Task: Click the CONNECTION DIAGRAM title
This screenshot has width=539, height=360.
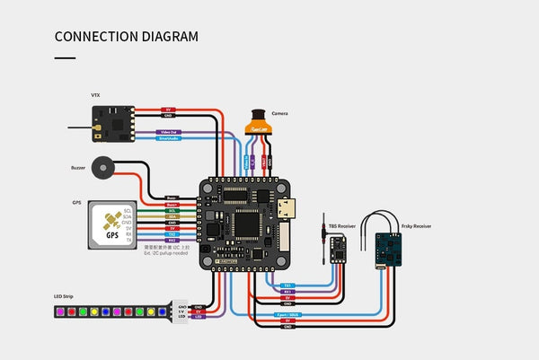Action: point(127,37)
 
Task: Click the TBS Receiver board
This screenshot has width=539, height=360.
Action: point(338,248)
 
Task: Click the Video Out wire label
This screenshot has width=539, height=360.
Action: point(170,131)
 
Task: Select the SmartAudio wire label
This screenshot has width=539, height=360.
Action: point(170,139)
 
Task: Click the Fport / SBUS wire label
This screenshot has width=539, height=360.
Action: point(286,316)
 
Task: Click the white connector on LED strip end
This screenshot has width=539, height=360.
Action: point(181,311)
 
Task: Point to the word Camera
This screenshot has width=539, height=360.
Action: point(279,114)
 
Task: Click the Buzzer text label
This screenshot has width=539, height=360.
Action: point(78,167)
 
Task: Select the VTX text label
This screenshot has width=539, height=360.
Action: point(95,94)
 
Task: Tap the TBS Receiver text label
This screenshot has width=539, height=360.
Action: point(342,226)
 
